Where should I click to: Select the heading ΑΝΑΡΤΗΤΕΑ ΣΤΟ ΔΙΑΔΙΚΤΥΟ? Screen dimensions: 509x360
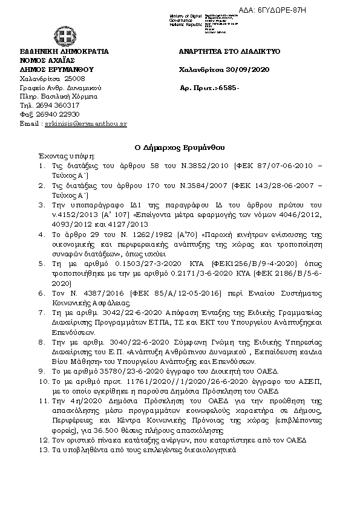(x=230, y=52)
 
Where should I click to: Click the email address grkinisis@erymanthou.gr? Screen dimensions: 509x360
(x=90, y=123)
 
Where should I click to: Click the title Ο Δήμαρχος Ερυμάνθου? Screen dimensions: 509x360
(x=179, y=147)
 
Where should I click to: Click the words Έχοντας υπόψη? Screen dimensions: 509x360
(x=59, y=155)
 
